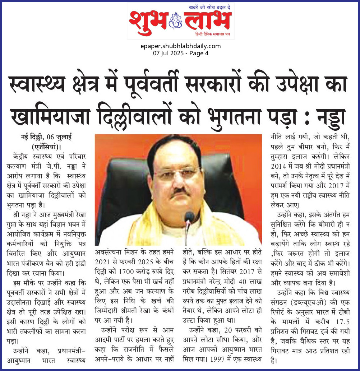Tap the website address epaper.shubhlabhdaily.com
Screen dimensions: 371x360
tap(180, 46)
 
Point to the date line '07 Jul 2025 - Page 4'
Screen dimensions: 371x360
tap(180, 53)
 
